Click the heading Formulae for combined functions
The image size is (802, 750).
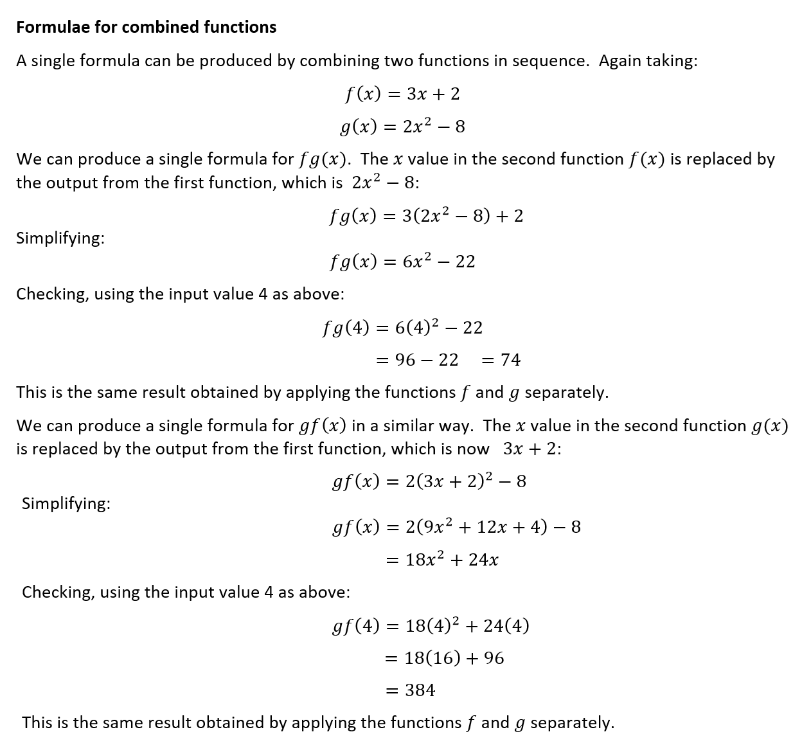click(146, 27)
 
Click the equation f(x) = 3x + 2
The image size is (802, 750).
click(402, 94)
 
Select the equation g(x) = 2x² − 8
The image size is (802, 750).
click(402, 127)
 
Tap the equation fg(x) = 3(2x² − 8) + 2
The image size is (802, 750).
click(425, 216)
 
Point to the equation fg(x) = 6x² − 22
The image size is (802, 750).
click(402, 262)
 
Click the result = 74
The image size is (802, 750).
click(501, 360)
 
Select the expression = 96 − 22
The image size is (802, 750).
click(416, 360)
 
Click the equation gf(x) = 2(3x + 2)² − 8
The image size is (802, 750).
click(429, 481)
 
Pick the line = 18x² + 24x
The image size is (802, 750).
click(441, 560)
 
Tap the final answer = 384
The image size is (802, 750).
click(410, 690)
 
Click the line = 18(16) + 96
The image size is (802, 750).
click(444, 658)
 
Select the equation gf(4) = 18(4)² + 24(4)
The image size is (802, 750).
click(431, 625)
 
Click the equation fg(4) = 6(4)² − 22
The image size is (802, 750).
click(402, 328)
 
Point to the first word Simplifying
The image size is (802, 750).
click(60, 238)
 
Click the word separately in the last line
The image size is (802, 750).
click(572, 722)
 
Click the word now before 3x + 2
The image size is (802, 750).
click(474, 449)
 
